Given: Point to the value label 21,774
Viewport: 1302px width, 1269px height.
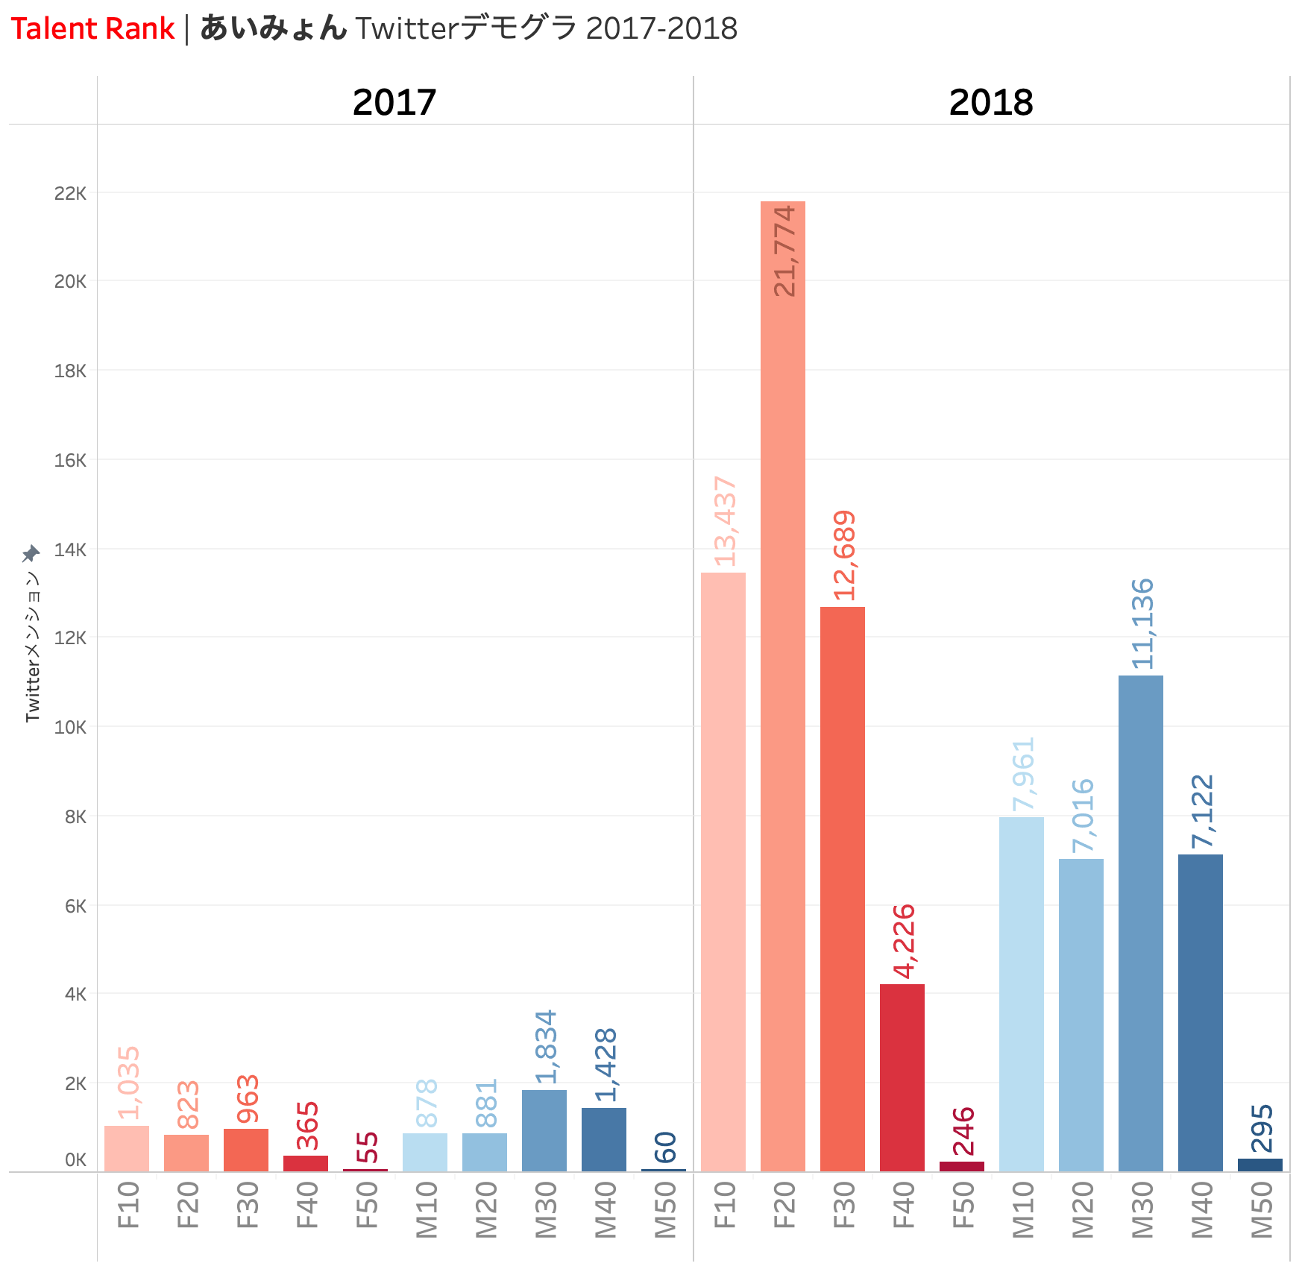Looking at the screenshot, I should [784, 251].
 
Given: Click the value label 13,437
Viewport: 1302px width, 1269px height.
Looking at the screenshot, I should [725, 521].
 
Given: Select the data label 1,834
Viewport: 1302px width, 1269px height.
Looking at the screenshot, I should [546, 1047].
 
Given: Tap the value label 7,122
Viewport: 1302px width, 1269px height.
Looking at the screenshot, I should [1202, 812].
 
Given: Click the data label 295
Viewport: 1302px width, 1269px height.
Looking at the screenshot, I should [1262, 1128].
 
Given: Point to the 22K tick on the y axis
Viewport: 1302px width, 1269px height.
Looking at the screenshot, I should [70, 194].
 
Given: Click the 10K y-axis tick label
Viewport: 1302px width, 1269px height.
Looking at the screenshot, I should [70, 727].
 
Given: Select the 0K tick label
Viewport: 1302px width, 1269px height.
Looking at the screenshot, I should [75, 1160].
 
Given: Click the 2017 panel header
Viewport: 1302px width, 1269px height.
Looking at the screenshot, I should [394, 102].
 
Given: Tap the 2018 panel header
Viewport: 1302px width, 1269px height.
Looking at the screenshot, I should [991, 102].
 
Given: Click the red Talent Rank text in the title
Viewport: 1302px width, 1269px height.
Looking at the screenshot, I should [92, 29].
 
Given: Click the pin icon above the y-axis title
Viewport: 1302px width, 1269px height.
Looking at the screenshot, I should [31, 554].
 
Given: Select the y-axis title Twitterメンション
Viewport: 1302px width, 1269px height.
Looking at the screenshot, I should [32, 646].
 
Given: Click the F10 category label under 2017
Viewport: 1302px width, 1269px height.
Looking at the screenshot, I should [128, 1205].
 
